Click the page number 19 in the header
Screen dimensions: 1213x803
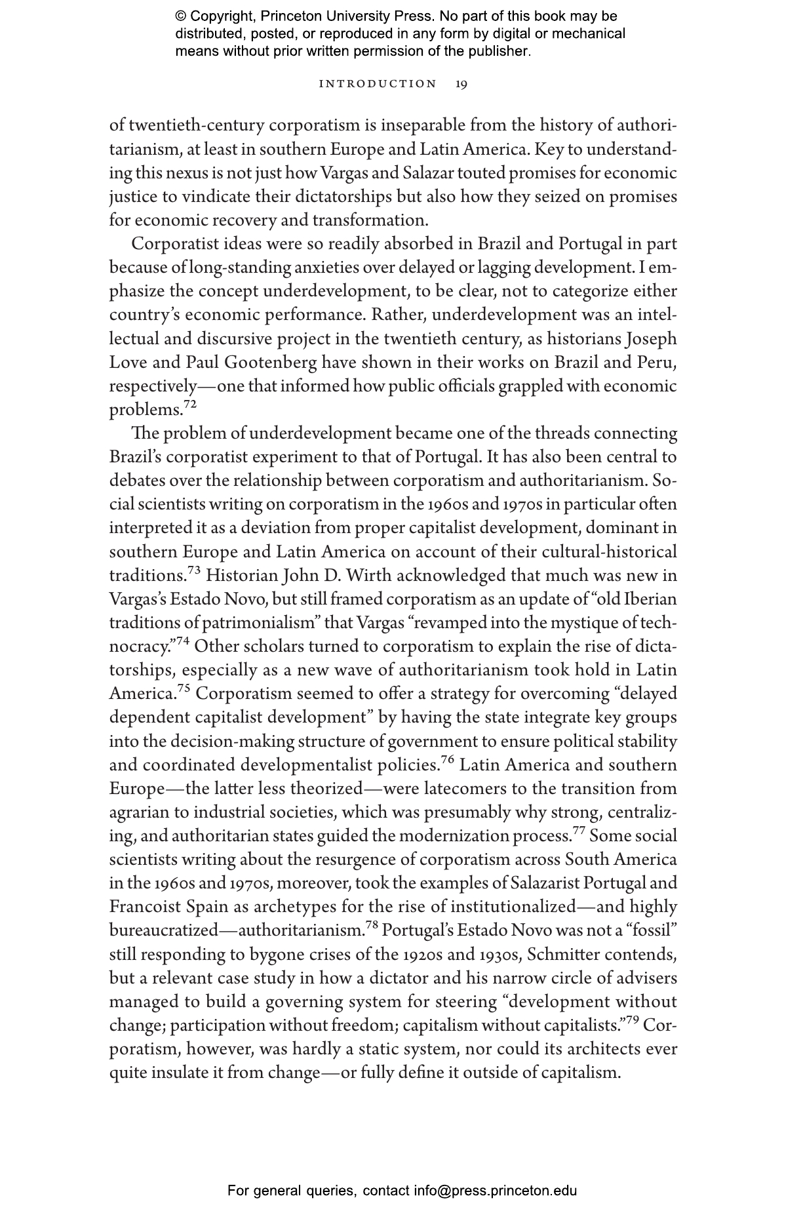pyautogui.click(x=461, y=84)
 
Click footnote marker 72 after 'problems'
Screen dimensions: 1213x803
pyautogui.click(x=189, y=405)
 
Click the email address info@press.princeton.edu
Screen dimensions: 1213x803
pyautogui.click(x=495, y=1191)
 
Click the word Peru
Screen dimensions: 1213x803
pyautogui.click(x=657, y=363)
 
